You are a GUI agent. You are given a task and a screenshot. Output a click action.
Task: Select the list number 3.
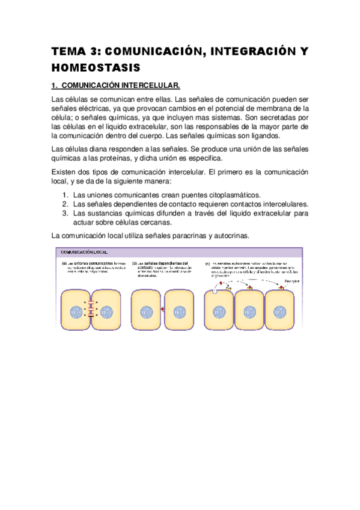click(x=66, y=213)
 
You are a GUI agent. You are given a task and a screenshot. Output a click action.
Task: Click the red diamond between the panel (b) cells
click(x=163, y=310)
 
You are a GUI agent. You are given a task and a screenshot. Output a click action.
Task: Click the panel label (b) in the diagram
click(x=135, y=263)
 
